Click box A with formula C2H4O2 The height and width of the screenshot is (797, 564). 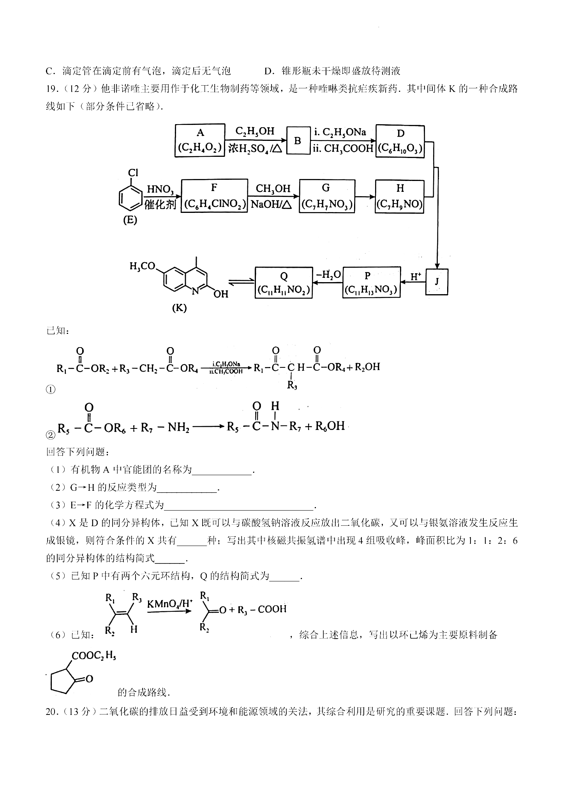(x=200, y=140)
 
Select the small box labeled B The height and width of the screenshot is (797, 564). (x=298, y=140)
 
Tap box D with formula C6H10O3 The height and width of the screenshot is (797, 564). (x=400, y=141)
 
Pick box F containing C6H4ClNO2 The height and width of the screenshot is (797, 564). (x=214, y=196)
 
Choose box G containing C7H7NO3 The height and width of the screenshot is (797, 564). (x=327, y=196)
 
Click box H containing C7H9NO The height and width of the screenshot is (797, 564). (x=400, y=196)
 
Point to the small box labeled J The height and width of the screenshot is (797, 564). (x=437, y=281)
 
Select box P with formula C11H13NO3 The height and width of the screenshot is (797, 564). (x=371, y=282)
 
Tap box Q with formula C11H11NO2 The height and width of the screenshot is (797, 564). (x=284, y=283)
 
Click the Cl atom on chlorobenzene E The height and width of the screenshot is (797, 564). (x=133, y=172)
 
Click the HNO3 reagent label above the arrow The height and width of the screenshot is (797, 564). (x=160, y=190)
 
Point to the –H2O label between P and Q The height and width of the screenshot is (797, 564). (x=328, y=274)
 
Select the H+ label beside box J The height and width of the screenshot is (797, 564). (x=416, y=277)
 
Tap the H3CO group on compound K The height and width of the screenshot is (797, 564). (x=142, y=267)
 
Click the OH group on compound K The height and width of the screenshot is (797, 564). (x=220, y=294)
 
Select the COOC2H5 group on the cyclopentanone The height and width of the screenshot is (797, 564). (x=93, y=656)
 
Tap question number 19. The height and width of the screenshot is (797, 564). (x=53, y=89)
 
